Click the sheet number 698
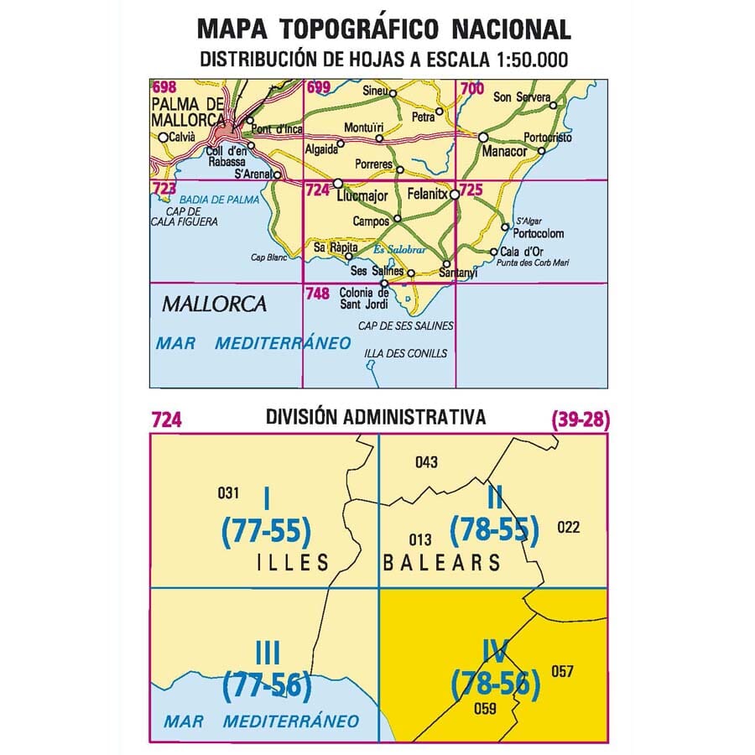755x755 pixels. tap(164, 87)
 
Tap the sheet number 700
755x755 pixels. tap(472, 87)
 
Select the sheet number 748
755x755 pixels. tap(317, 294)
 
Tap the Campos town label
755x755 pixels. tap(372, 221)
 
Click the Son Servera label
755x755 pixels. tap(520, 97)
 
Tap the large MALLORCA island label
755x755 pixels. tap(214, 304)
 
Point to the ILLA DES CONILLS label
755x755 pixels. tap(405, 353)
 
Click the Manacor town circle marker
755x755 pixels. tap(483, 138)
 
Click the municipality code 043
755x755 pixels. tap(427, 462)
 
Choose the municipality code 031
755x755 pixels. tap(228, 492)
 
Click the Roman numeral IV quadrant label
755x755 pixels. tap(494, 651)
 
